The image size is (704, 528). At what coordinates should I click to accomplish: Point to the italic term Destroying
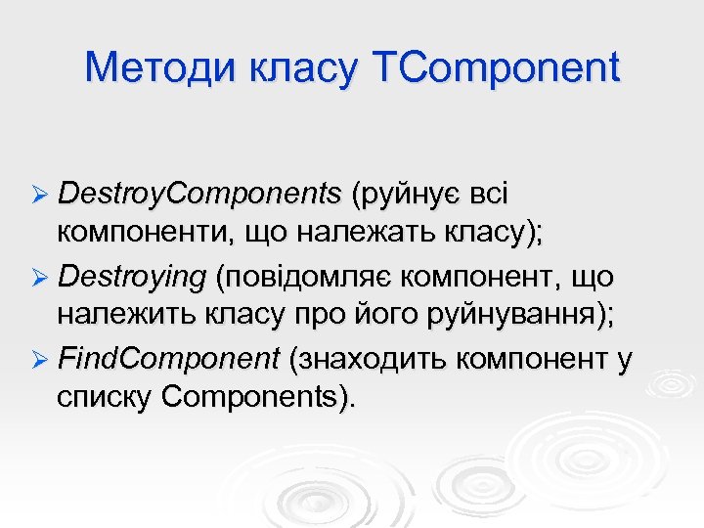[x=132, y=279]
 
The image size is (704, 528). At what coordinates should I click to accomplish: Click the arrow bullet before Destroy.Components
[x=40, y=196]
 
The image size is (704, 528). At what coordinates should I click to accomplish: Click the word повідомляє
[x=302, y=279]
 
